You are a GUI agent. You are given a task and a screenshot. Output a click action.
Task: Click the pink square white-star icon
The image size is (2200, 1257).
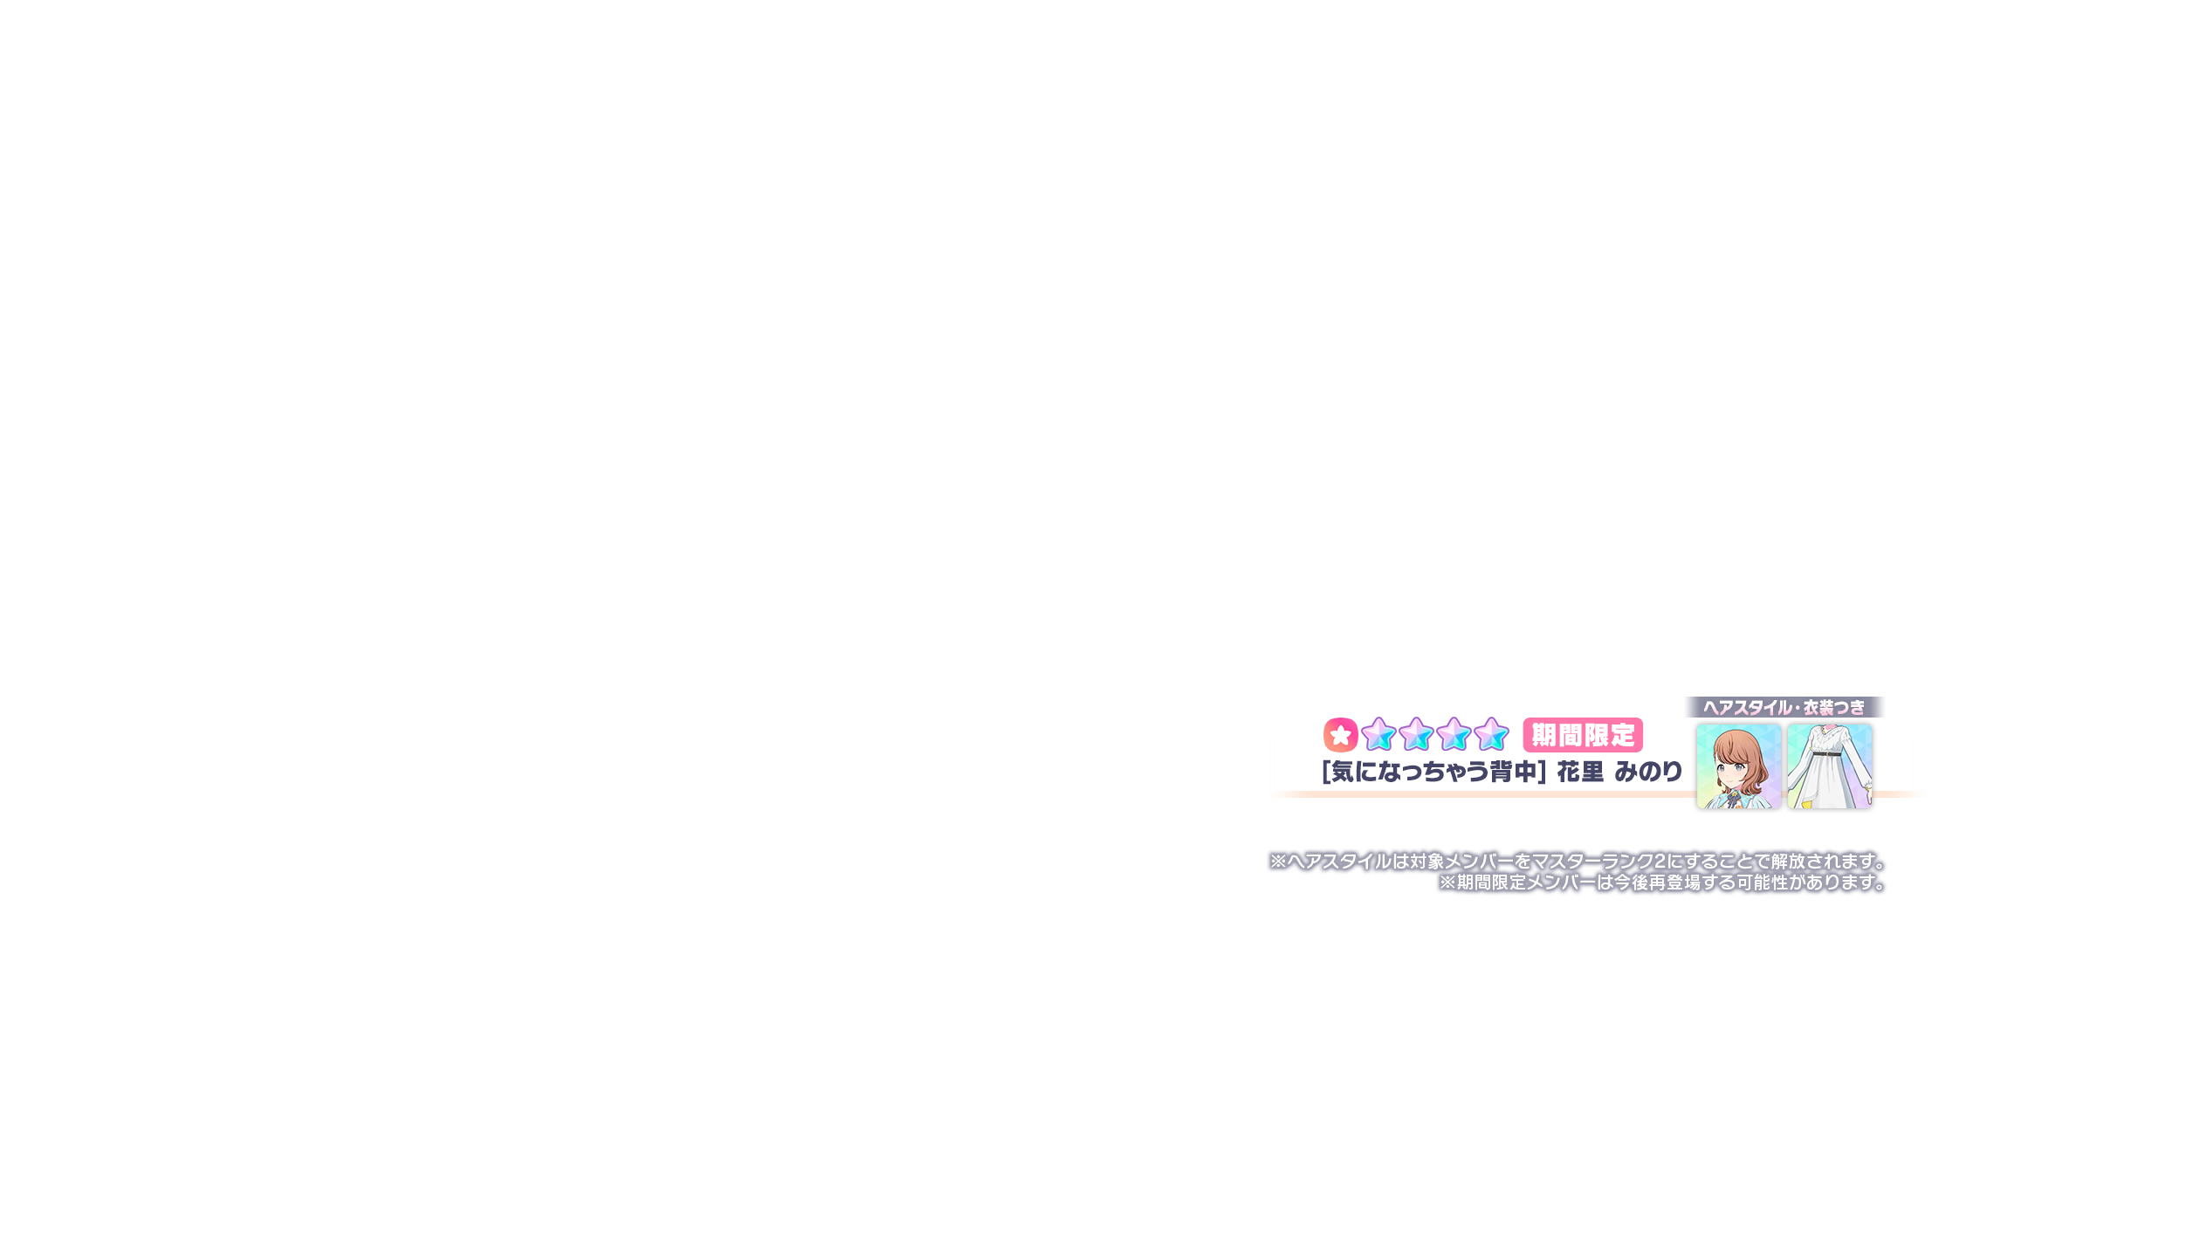click(1340, 735)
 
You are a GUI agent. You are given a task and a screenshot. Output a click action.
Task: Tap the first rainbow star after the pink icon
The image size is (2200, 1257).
click(1378, 735)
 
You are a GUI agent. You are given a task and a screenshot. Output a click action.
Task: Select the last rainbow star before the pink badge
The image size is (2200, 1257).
click(1492, 735)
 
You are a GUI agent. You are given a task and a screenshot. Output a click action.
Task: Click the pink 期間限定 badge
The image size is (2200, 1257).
click(1583, 735)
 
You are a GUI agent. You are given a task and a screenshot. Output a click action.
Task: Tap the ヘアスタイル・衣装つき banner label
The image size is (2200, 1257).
click(1784, 707)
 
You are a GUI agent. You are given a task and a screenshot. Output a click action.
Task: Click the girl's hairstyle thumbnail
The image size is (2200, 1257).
click(1738, 766)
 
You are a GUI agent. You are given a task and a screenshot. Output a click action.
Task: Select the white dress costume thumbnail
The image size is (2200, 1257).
click(1830, 766)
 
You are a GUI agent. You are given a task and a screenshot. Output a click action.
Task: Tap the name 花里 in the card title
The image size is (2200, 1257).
click(1580, 772)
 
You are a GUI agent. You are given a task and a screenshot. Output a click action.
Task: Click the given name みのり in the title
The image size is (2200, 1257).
click(1648, 772)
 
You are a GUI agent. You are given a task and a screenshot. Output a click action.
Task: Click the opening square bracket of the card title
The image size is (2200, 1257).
click(1326, 772)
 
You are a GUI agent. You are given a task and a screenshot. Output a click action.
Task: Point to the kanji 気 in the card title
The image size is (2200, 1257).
click(1343, 772)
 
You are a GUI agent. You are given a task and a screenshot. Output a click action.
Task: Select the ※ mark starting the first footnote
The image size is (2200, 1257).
click(1278, 862)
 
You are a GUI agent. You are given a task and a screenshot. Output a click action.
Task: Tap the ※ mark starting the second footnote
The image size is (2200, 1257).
click(1447, 883)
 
